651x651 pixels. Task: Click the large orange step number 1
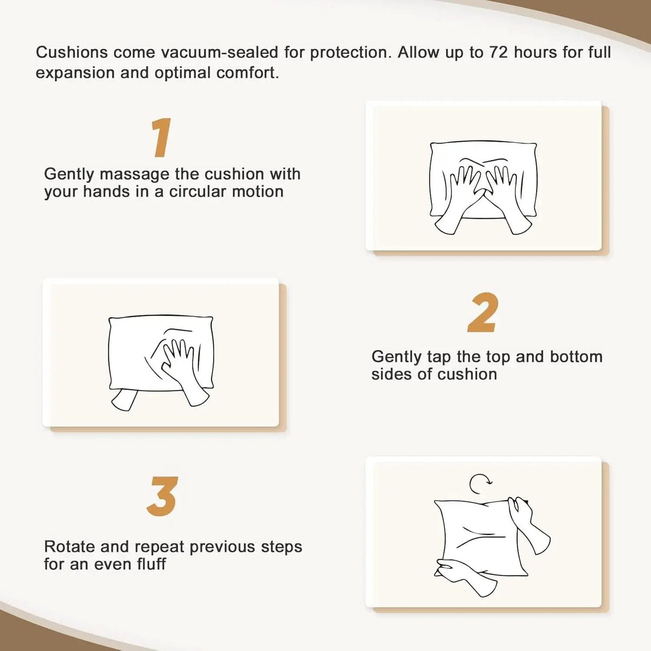(x=162, y=137)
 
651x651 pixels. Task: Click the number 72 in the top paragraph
(x=499, y=53)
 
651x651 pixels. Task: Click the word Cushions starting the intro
(x=72, y=53)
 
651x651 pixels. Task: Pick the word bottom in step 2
(x=576, y=357)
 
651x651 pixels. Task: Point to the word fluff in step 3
(x=151, y=564)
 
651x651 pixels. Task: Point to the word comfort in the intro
(x=247, y=73)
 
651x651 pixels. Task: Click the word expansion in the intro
(x=75, y=74)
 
